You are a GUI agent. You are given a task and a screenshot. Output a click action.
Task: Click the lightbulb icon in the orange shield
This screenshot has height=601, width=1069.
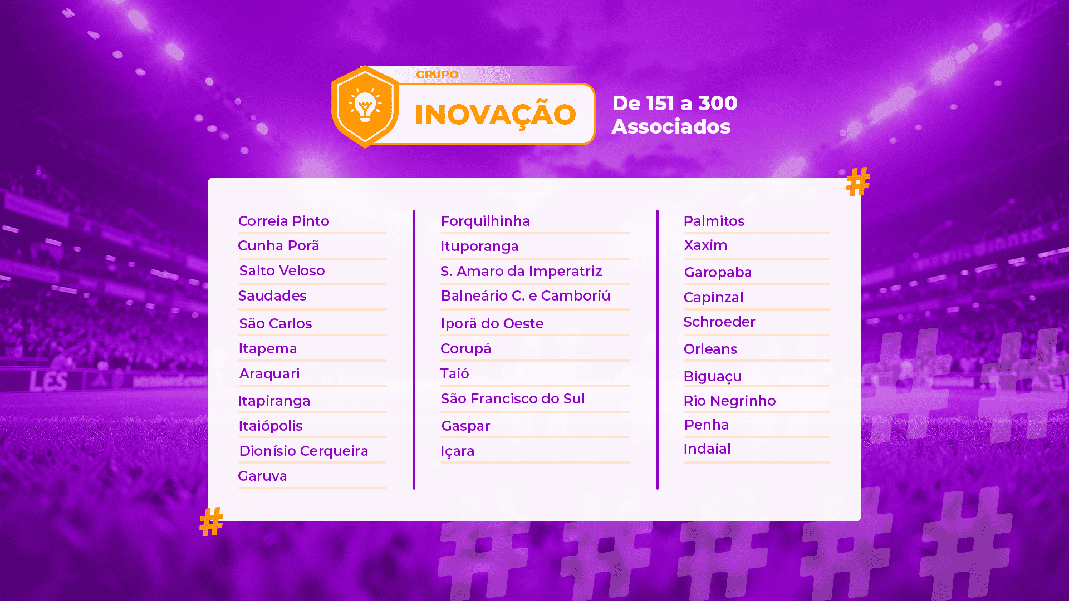click(365, 105)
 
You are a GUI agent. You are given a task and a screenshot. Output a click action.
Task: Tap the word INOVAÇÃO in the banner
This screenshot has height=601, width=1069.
click(495, 115)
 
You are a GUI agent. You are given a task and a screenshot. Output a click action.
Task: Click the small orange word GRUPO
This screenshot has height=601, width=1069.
click(437, 75)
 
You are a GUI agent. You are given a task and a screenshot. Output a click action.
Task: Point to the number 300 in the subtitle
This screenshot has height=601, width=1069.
click(718, 103)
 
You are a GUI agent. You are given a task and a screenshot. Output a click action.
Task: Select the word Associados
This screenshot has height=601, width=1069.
click(671, 126)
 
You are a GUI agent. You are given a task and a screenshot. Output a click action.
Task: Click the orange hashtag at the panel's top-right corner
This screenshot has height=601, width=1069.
click(858, 181)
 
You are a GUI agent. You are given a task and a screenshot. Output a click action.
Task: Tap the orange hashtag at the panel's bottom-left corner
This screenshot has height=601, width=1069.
click(212, 521)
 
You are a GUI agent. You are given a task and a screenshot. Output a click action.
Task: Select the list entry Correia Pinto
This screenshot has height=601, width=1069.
click(283, 221)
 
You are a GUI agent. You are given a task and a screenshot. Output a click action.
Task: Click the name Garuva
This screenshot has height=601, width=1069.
click(262, 476)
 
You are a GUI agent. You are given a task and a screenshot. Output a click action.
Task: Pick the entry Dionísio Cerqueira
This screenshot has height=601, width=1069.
click(303, 451)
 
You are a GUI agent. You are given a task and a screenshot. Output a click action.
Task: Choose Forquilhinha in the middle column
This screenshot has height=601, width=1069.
click(486, 221)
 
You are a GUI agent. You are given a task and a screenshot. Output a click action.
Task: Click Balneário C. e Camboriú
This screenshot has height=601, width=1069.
click(526, 295)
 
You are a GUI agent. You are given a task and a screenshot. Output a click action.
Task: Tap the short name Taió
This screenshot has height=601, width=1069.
click(455, 373)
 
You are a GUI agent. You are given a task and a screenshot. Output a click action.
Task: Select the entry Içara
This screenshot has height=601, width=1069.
click(458, 451)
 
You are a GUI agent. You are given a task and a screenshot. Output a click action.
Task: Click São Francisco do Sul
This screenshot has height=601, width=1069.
click(513, 398)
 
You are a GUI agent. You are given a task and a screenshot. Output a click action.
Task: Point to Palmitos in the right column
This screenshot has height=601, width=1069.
click(714, 221)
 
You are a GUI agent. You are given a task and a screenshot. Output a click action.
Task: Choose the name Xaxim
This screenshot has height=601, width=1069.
click(705, 245)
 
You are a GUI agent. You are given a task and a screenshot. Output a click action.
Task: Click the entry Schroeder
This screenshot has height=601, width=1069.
click(719, 322)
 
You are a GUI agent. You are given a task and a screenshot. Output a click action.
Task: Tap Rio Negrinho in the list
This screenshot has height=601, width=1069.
click(729, 401)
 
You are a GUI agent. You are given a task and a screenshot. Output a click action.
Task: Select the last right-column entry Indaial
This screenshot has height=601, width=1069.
click(707, 449)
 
